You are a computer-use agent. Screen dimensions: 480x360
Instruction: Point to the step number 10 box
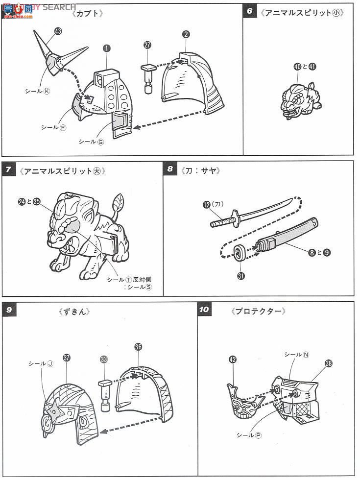tap(204, 310)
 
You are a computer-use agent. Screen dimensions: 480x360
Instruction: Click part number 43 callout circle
tap(58, 31)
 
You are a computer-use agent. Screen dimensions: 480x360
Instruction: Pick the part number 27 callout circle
tap(148, 45)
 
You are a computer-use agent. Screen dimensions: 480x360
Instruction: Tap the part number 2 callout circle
tap(186, 34)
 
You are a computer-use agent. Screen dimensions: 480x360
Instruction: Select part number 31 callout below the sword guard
tap(241, 276)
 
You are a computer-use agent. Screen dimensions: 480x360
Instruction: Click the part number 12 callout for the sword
tap(207, 205)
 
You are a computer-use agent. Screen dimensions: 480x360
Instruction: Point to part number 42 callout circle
tap(232, 359)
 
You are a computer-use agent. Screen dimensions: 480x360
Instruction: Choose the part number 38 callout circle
tap(328, 363)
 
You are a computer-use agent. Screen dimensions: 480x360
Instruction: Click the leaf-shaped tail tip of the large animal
tap(119, 201)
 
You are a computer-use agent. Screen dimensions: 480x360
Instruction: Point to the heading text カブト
tap(88, 13)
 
